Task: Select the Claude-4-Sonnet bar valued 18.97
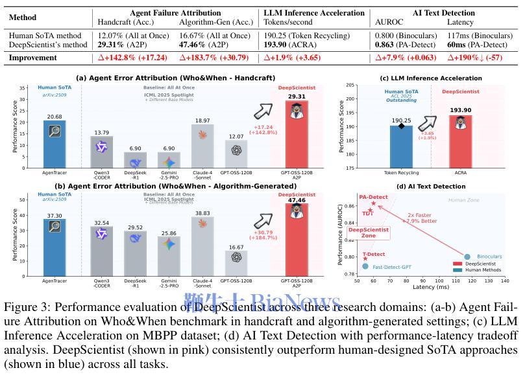(202, 146)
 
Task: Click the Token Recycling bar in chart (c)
(401, 146)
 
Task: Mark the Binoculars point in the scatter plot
(467, 257)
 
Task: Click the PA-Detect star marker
(374, 203)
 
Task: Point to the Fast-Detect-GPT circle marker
(365, 266)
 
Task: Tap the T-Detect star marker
(365, 258)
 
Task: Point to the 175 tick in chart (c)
(350, 168)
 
